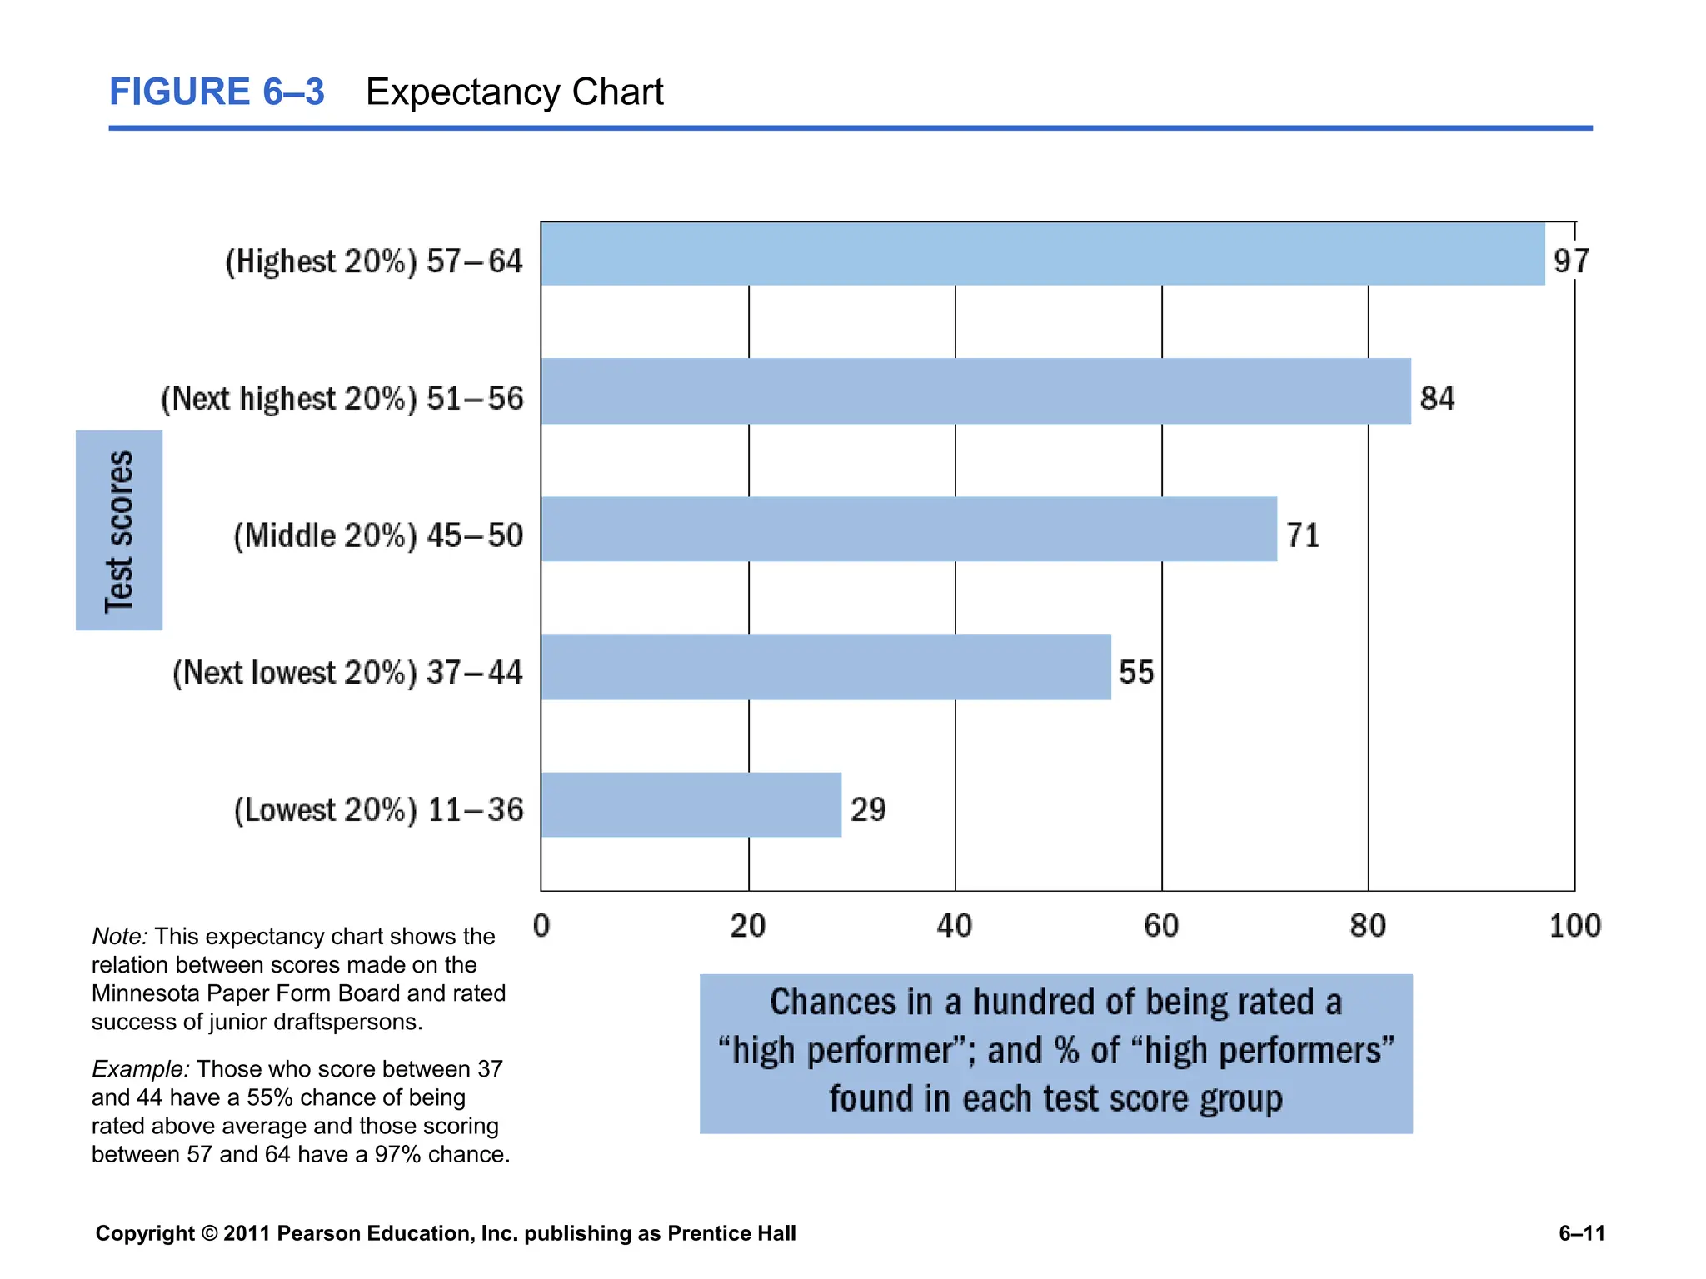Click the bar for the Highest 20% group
click(x=1041, y=254)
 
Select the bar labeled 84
click(x=975, y=391)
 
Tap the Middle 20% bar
click(x=908, y=530)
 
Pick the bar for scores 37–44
click(x=825, y=667)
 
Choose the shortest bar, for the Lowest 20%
click(x=691, y=805)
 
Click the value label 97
click(x=1571, y=261)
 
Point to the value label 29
click(x=868, y=809)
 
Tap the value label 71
click(x=1304, y=535)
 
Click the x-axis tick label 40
click(x=955, y=926)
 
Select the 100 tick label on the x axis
click(x=1574, y=926)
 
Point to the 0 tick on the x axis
click(x=541, y=926)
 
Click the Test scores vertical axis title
click(x=119, y=530)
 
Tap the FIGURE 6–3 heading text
click(x=217, y=92)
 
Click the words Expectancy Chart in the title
click(x=515, y=92)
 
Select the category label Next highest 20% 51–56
click(x=342, y=399)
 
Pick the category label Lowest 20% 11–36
click(x=378, y=810)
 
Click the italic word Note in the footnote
click(x=118, y=937)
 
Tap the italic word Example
click(x=140, y=1069)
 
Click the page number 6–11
click(x=1581, y=1233)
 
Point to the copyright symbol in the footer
click(x=208, y=1233)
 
